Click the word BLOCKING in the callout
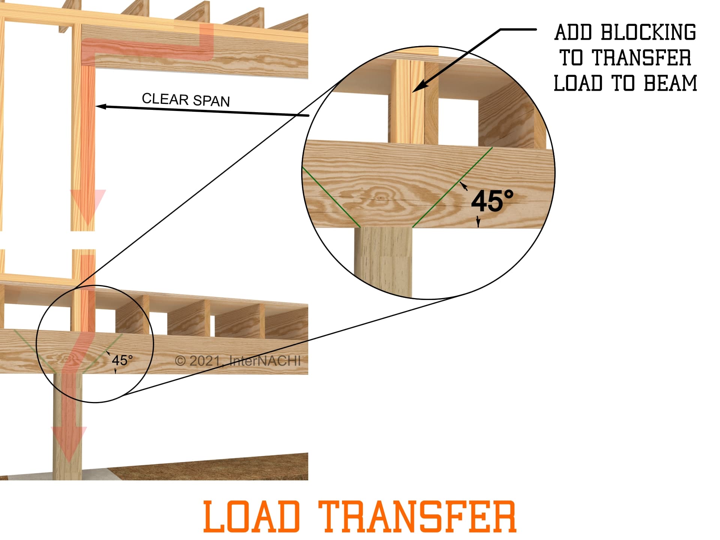648,33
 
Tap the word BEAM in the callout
670,83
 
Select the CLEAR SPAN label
186,100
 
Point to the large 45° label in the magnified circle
492,201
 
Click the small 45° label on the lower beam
122,360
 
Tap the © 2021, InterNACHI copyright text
238,361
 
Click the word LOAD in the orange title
252,516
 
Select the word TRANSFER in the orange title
417,516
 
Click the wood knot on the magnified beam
380,196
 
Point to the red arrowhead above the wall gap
88,204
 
